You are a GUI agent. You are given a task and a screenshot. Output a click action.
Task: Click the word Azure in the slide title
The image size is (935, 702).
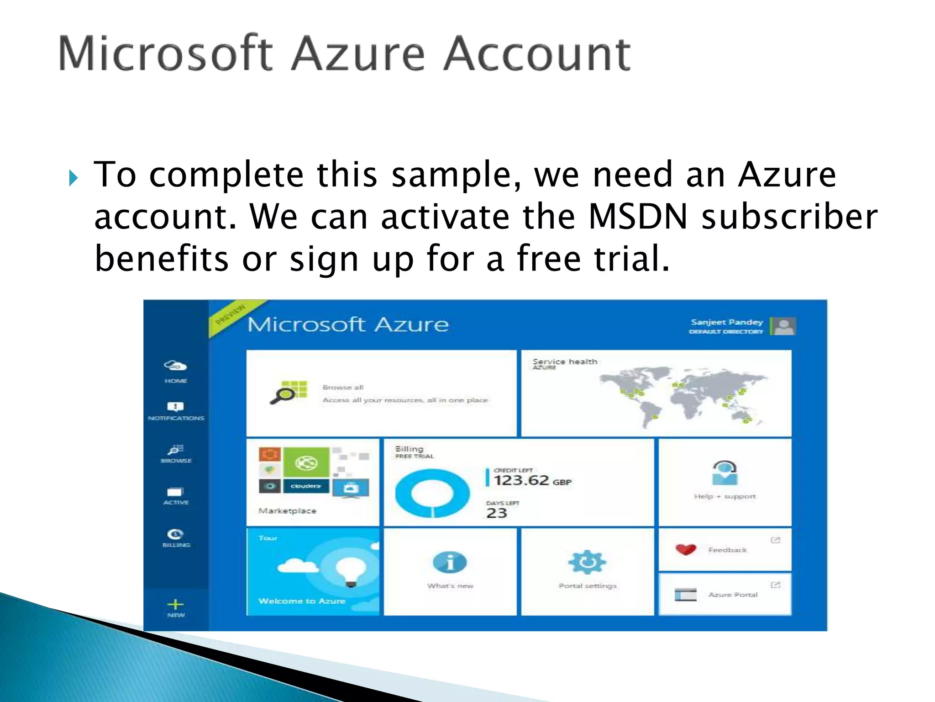pos(358,54)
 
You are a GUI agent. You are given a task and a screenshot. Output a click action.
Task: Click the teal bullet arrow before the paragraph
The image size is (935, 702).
pos(73,178)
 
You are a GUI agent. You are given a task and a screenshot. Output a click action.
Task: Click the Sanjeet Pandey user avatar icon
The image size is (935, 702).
pos(784,326)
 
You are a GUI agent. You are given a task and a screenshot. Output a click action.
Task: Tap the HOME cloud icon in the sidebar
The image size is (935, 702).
pos(176,366)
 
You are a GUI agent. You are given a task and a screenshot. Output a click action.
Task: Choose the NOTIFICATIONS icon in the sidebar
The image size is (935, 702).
pos(176,407)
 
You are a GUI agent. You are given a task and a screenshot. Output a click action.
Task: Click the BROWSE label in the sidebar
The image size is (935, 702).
pos(176,461)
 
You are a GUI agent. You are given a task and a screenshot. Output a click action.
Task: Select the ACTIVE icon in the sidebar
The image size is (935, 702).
pos(175,492)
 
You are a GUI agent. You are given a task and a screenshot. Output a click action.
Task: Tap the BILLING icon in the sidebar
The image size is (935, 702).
pos(176,534)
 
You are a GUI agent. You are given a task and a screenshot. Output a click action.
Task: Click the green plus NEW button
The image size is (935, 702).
pos(175,605)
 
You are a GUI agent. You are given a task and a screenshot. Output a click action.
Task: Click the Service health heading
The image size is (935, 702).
pos(565,362)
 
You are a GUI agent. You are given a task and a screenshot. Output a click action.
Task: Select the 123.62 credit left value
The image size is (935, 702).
pos(521,480)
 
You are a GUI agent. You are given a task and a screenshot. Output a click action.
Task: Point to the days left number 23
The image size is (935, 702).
pos(497,513)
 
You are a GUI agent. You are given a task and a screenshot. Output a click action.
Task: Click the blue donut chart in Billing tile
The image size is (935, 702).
pos(432,494)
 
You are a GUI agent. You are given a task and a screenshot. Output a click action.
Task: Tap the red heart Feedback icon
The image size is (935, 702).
pos(686,549)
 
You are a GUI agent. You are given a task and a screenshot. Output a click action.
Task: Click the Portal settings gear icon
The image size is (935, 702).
pos(587,562)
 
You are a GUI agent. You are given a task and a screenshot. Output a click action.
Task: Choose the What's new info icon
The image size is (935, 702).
pos(450,563)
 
